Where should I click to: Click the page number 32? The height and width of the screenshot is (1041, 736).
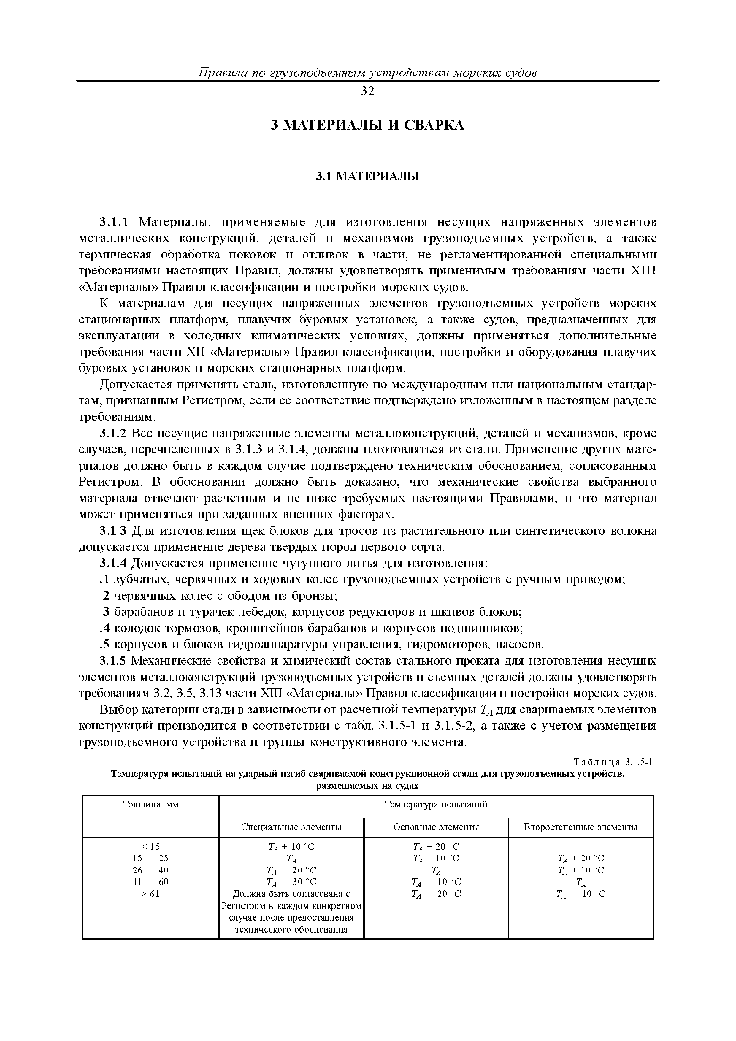pos(368,91)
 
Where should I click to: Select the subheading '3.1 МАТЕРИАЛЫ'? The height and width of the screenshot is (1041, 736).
pos(367,176)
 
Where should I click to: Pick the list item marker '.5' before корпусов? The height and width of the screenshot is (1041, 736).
pos(105,644)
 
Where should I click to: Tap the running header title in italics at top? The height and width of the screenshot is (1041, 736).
pos(368,72)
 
